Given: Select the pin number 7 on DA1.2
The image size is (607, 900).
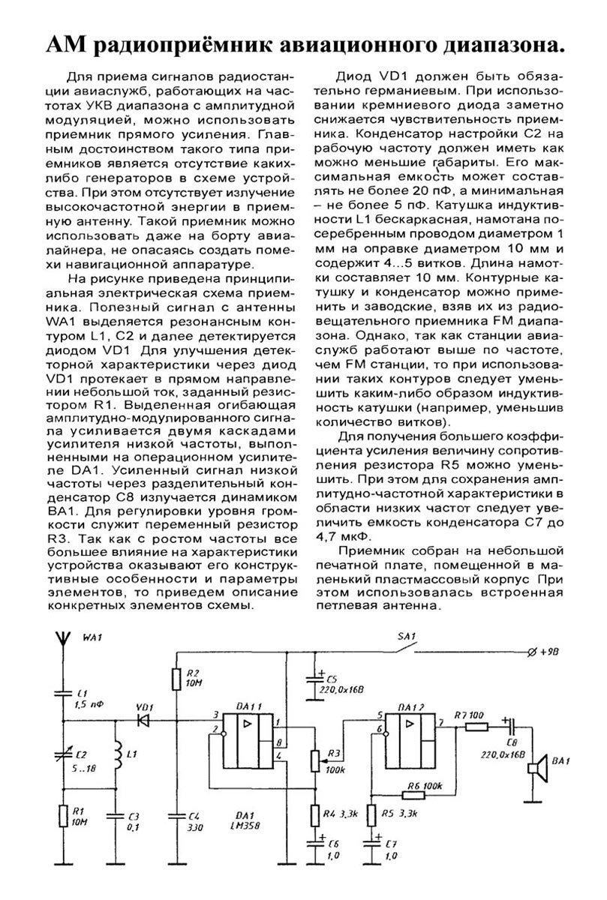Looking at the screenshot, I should point(441,721).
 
